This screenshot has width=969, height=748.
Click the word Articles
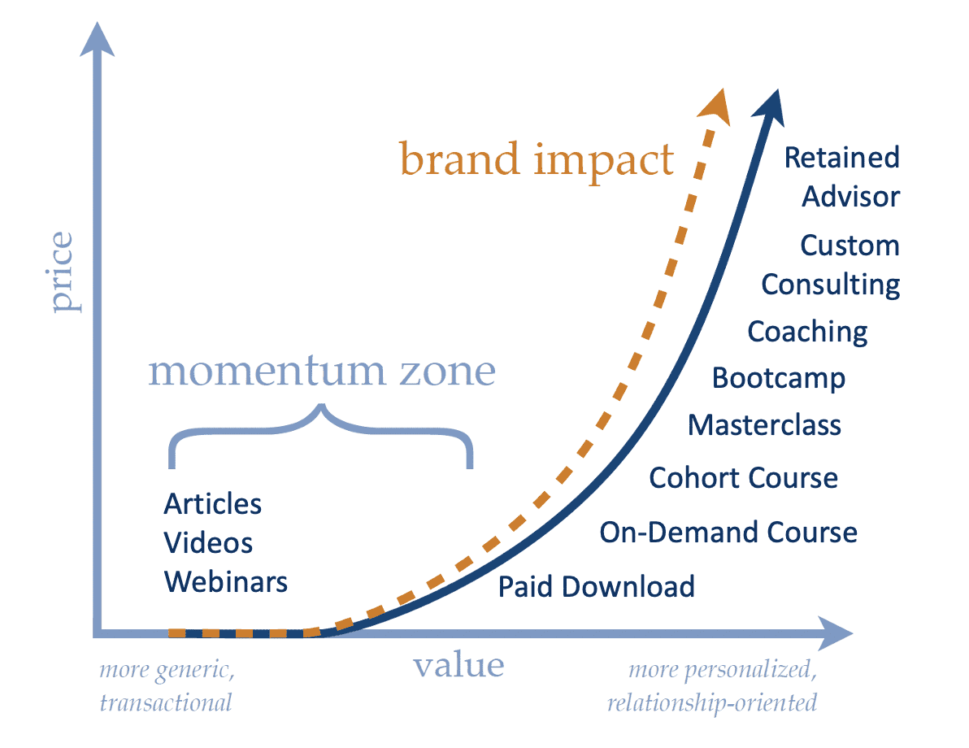click(213, 504)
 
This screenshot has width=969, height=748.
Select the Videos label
click(208, 543)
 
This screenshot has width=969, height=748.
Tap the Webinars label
click(225, 582)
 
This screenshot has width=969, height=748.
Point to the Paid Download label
click(596, 586)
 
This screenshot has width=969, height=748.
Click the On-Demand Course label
click(728, 533)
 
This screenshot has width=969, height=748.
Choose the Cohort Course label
click(743, 478)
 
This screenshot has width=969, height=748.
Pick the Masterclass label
click(764, 425)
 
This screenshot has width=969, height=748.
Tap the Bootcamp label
click(778, 378)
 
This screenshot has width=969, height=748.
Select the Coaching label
click(807, 332)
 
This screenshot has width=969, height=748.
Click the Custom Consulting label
click(831, 265)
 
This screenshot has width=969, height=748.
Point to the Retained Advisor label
click(843, 176)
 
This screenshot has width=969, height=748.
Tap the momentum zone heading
click(322, 371)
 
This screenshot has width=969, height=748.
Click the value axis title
click(458, 665)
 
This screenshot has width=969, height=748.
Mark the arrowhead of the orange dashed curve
click(715, 106)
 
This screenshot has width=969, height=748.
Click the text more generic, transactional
click(167, 686)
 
